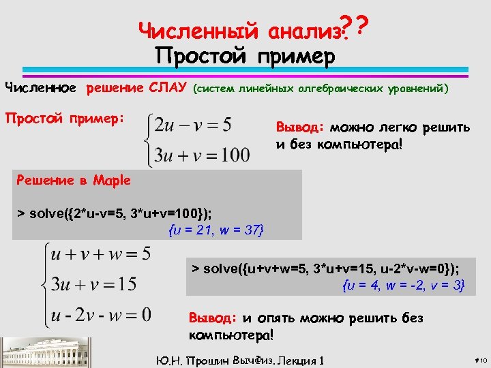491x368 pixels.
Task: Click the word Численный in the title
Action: coord(198,30)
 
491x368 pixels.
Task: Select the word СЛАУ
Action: coord(167,88)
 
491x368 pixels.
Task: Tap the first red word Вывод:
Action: coord(300,127)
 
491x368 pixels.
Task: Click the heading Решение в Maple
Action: coord(73,181)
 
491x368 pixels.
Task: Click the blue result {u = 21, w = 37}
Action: coord(215,230)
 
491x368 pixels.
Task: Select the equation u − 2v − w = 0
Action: coord(101,315)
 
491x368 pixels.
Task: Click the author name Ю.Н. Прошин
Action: coord(188,359)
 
